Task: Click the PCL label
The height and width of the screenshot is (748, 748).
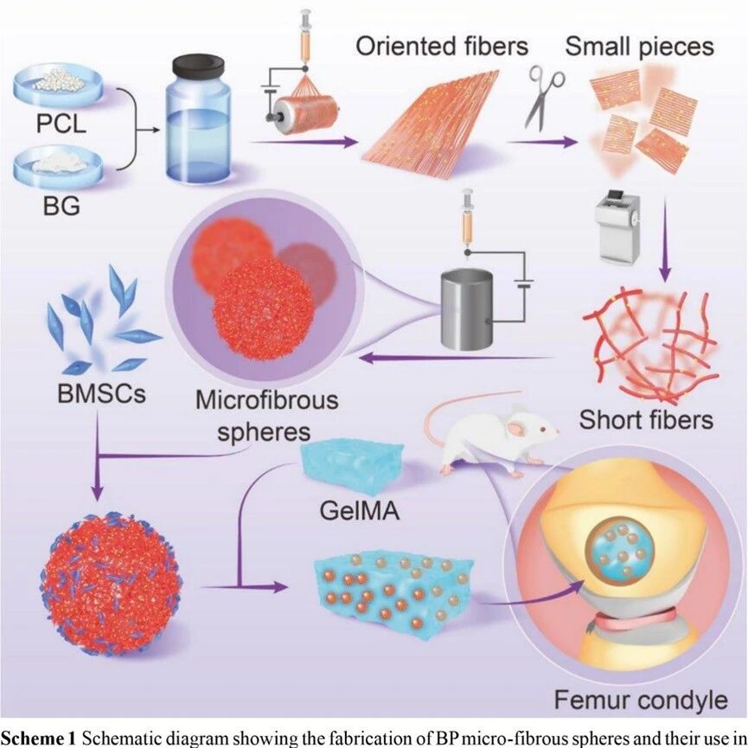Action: pyautogui.click(x=61, y=123)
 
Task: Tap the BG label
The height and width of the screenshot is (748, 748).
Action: pyautogui.click(x=61, y=206)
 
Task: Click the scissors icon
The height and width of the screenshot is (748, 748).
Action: pyautogui.click(x=545, y=98)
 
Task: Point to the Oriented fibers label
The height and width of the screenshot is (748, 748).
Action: pyautogui.click(x=442, y=47)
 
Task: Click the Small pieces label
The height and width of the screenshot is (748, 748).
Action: pyautogui.click(x=639, y=47)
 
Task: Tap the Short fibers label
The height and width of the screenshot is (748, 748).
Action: pyautogui.click(x=646, y=419)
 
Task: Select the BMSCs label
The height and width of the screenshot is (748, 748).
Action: pyautogui.click(x=102, y=394)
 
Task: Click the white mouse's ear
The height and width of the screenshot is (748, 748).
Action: pyautogui.click(x=515, y=429)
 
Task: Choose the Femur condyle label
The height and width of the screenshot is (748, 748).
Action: pyautogui.click(x=641, y=700)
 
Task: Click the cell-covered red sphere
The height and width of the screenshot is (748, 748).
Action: pyautogui.click(x=111, y=585)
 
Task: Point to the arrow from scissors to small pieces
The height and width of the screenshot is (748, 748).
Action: pyautogui.click(x=542, y=142)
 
